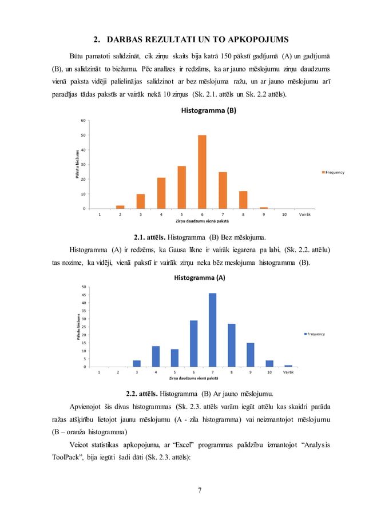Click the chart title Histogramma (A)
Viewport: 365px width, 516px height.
tap(199, 277)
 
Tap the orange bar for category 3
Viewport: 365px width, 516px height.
tap(140, 201)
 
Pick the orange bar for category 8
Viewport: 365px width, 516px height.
tap(243, 200)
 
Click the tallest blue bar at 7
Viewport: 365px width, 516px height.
tap(212, 330)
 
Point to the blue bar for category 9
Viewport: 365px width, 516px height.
tap(251, 355)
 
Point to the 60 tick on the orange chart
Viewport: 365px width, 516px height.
tap(83, 121)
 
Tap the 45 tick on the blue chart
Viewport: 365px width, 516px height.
tap(84, 295)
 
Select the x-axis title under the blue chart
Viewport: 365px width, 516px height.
tap(193, 379)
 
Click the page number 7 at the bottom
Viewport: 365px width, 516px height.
tap(200, 489)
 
